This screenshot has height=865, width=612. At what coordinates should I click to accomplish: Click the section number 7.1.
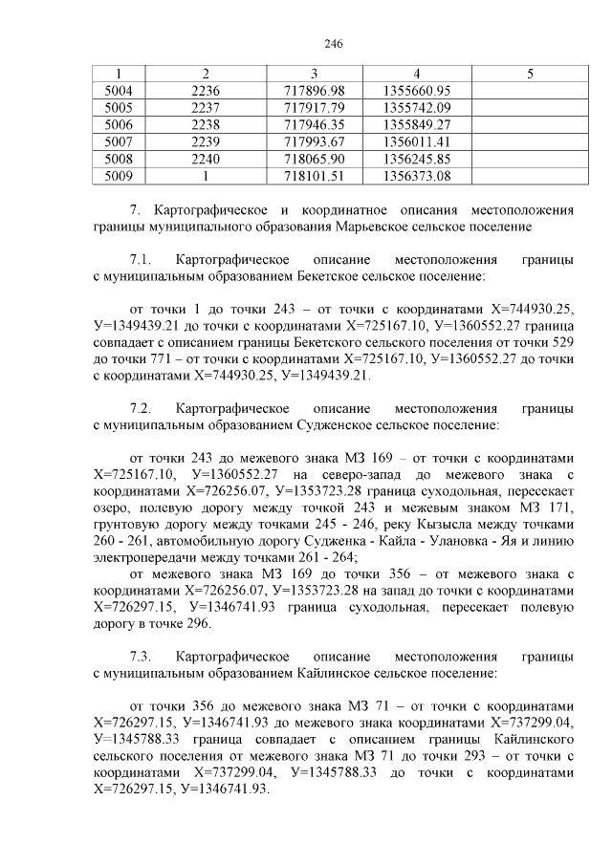coord(141,260)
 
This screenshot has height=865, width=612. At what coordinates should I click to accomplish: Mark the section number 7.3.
coord(141,659)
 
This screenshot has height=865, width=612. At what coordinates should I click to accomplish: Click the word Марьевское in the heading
coord(377,227)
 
